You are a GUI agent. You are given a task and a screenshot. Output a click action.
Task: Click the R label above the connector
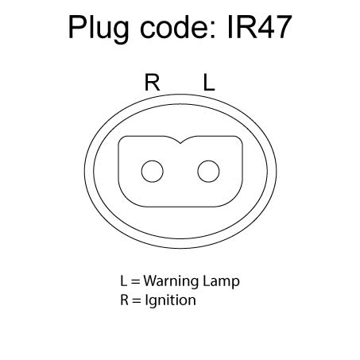pyautogui.click(x=153, y=83)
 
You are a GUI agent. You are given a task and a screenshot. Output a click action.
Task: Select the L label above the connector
pyautogui.click(x=209, y=83)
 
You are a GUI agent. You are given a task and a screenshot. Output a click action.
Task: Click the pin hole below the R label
pyautogui.click(x=153, y=172)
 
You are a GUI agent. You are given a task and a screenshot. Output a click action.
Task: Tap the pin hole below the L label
pyautogui.click(x=208, y=172)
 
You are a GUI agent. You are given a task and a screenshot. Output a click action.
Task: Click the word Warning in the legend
pyautogui.click(x=171, y=281)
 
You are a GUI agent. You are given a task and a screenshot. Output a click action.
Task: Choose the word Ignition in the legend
pyautogui.click(x=171, y=300)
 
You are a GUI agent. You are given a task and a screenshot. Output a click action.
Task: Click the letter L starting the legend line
pyautogui.click(x=123, y=281)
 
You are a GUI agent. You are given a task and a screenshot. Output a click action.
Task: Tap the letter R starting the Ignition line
pyautogui.click(x=124, y=300)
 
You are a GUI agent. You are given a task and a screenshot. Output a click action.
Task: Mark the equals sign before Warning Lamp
pyautogui.click(x=135, y=281)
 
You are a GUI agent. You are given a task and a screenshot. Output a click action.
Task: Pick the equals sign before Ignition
pyautogui.click(x=137, y=300)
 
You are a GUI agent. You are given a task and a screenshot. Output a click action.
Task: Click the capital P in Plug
pyautogui.click(x=77, y=27)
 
